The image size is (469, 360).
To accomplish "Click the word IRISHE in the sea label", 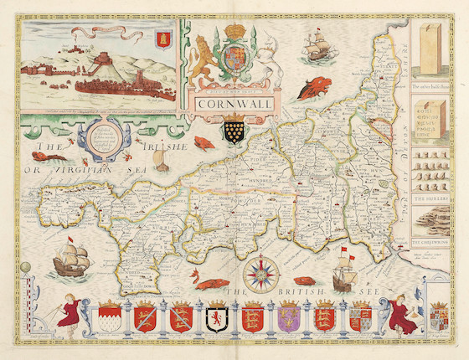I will (163, 149).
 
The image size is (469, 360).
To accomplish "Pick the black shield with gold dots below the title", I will (234, 131).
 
